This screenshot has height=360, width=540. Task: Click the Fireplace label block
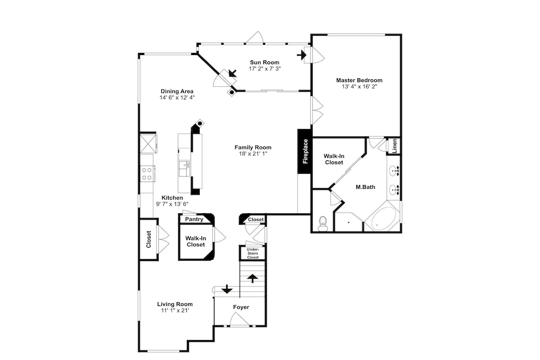point(305,152)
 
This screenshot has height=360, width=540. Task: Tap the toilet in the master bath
point(323,223)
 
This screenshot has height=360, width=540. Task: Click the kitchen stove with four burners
point(147,173)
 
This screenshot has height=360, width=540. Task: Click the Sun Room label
point(265,62)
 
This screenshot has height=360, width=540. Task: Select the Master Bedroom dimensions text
point(359,87)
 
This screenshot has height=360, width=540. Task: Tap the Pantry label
point(194,219)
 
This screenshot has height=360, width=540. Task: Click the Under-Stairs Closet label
point(253,253)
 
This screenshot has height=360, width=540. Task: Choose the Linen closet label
point(395,146)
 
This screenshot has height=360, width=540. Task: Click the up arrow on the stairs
point(253,278)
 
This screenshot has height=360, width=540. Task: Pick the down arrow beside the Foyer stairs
point(227,289)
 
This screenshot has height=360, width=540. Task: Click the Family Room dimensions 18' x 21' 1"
point(253,154)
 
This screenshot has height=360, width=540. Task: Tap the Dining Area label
point(177,91)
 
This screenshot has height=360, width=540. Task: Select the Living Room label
point(175,304)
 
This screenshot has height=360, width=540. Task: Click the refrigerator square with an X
point(147,143)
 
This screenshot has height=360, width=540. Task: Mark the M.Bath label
point(366,187)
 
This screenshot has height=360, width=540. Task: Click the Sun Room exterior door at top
point(254,38)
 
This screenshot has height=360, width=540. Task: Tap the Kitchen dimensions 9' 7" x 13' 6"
point(172,204)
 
